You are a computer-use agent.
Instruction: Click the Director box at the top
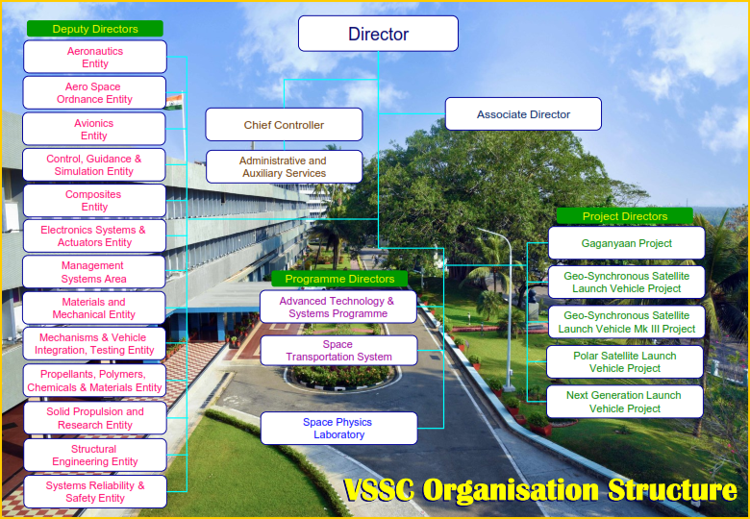click(378, 34)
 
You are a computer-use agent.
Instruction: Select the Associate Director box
click(523, 114)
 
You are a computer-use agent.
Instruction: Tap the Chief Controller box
click(284, 125)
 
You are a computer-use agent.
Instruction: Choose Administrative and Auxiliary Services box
click(284, 167)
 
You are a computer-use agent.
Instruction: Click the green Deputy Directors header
click(94, 29)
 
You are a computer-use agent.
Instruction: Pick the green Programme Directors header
click(339, 279)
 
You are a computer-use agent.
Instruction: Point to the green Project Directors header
click(625, 216)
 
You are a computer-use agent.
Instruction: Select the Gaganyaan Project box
click(626, 243)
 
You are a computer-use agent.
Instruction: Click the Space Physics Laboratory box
click(339, 429)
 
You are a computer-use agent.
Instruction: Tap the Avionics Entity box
click(94, 129)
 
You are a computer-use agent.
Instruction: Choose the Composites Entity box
click(94, 201)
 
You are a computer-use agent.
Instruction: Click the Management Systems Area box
click(94, 272)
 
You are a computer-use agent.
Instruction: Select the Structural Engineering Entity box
click(94, 455)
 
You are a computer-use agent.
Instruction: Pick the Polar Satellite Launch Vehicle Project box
click(625, 361)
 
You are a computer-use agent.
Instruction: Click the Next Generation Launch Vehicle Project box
click(625, 402)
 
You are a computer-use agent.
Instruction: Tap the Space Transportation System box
click(338, 350)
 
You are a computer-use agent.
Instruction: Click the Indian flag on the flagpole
click(173, 101)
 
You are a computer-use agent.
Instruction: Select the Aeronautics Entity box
click(94, 57)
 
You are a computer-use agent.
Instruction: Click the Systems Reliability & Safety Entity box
click(94, 491)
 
